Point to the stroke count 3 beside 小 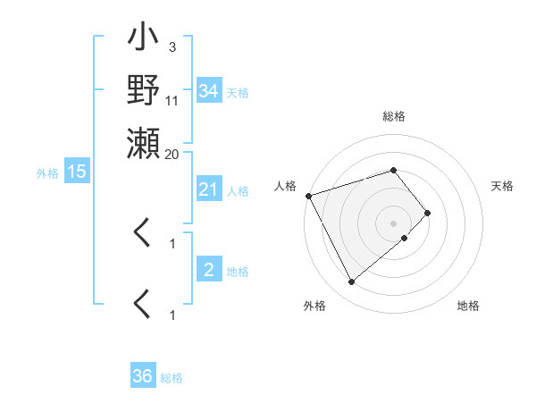172,47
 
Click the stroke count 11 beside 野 172,100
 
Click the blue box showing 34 209,90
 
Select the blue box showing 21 208,189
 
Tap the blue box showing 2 208,270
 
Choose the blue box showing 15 77,172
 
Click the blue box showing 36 143,376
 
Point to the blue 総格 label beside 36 172,378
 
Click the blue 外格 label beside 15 47,173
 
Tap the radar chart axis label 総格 393,116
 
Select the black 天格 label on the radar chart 502,186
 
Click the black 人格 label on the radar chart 286,186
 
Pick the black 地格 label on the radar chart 468,307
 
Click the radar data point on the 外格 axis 351,282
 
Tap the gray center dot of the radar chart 393,223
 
